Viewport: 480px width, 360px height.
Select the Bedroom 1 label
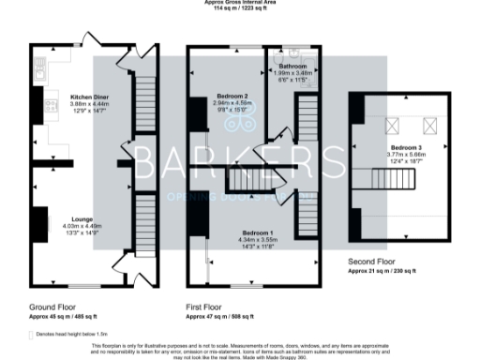click(x=256, y=232)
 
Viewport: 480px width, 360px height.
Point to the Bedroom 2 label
click(x=232, y=97)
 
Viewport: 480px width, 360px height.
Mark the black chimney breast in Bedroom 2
click(x=198, y=114)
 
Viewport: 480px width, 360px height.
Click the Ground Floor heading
click(x=52, y=307)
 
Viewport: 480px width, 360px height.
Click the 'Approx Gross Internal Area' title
click(x=240, y=3)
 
